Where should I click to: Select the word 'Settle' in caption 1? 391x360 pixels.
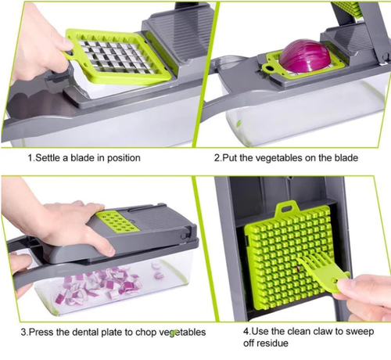point(50,157)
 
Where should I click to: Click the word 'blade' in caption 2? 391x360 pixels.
point(341,157)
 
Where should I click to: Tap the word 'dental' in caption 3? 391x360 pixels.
point(83,332)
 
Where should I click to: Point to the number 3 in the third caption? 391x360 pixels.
point(23,332)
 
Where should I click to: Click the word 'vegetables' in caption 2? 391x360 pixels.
point(280,157)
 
